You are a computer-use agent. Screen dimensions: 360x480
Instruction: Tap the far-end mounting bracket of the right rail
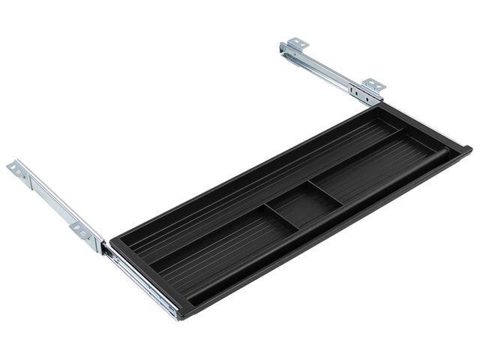coord(294,46)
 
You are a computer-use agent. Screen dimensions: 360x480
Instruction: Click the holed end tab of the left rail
coord(16,169)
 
